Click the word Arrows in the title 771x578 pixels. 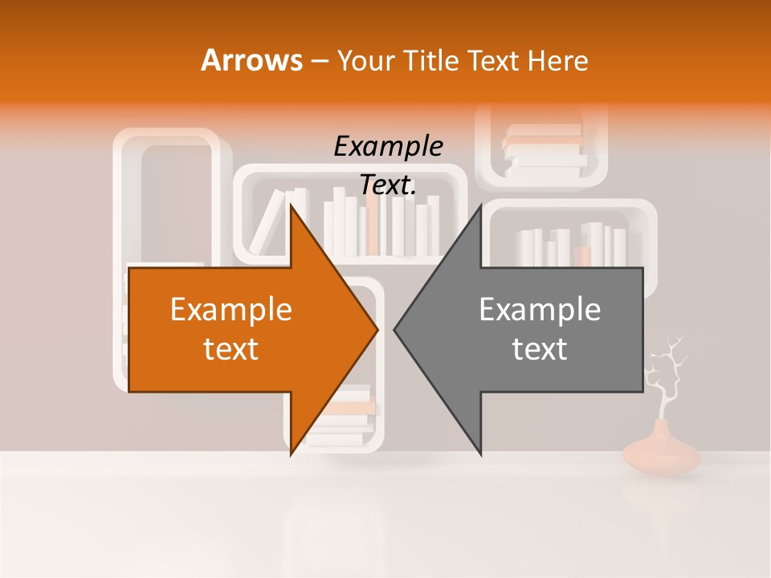[x=251, y=60]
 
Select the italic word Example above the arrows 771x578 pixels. [x=388, y=147]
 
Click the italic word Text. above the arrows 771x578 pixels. [x=388, y=185]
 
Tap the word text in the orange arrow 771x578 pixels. [x=231, y=349]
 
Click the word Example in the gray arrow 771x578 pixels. [x=540, y=309]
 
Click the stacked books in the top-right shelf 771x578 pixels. [x=545, y=150]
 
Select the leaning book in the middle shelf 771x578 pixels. [x=267, y=221]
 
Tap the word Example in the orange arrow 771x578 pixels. [x=231, y=309]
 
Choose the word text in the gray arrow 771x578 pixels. [x=540, y=349]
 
